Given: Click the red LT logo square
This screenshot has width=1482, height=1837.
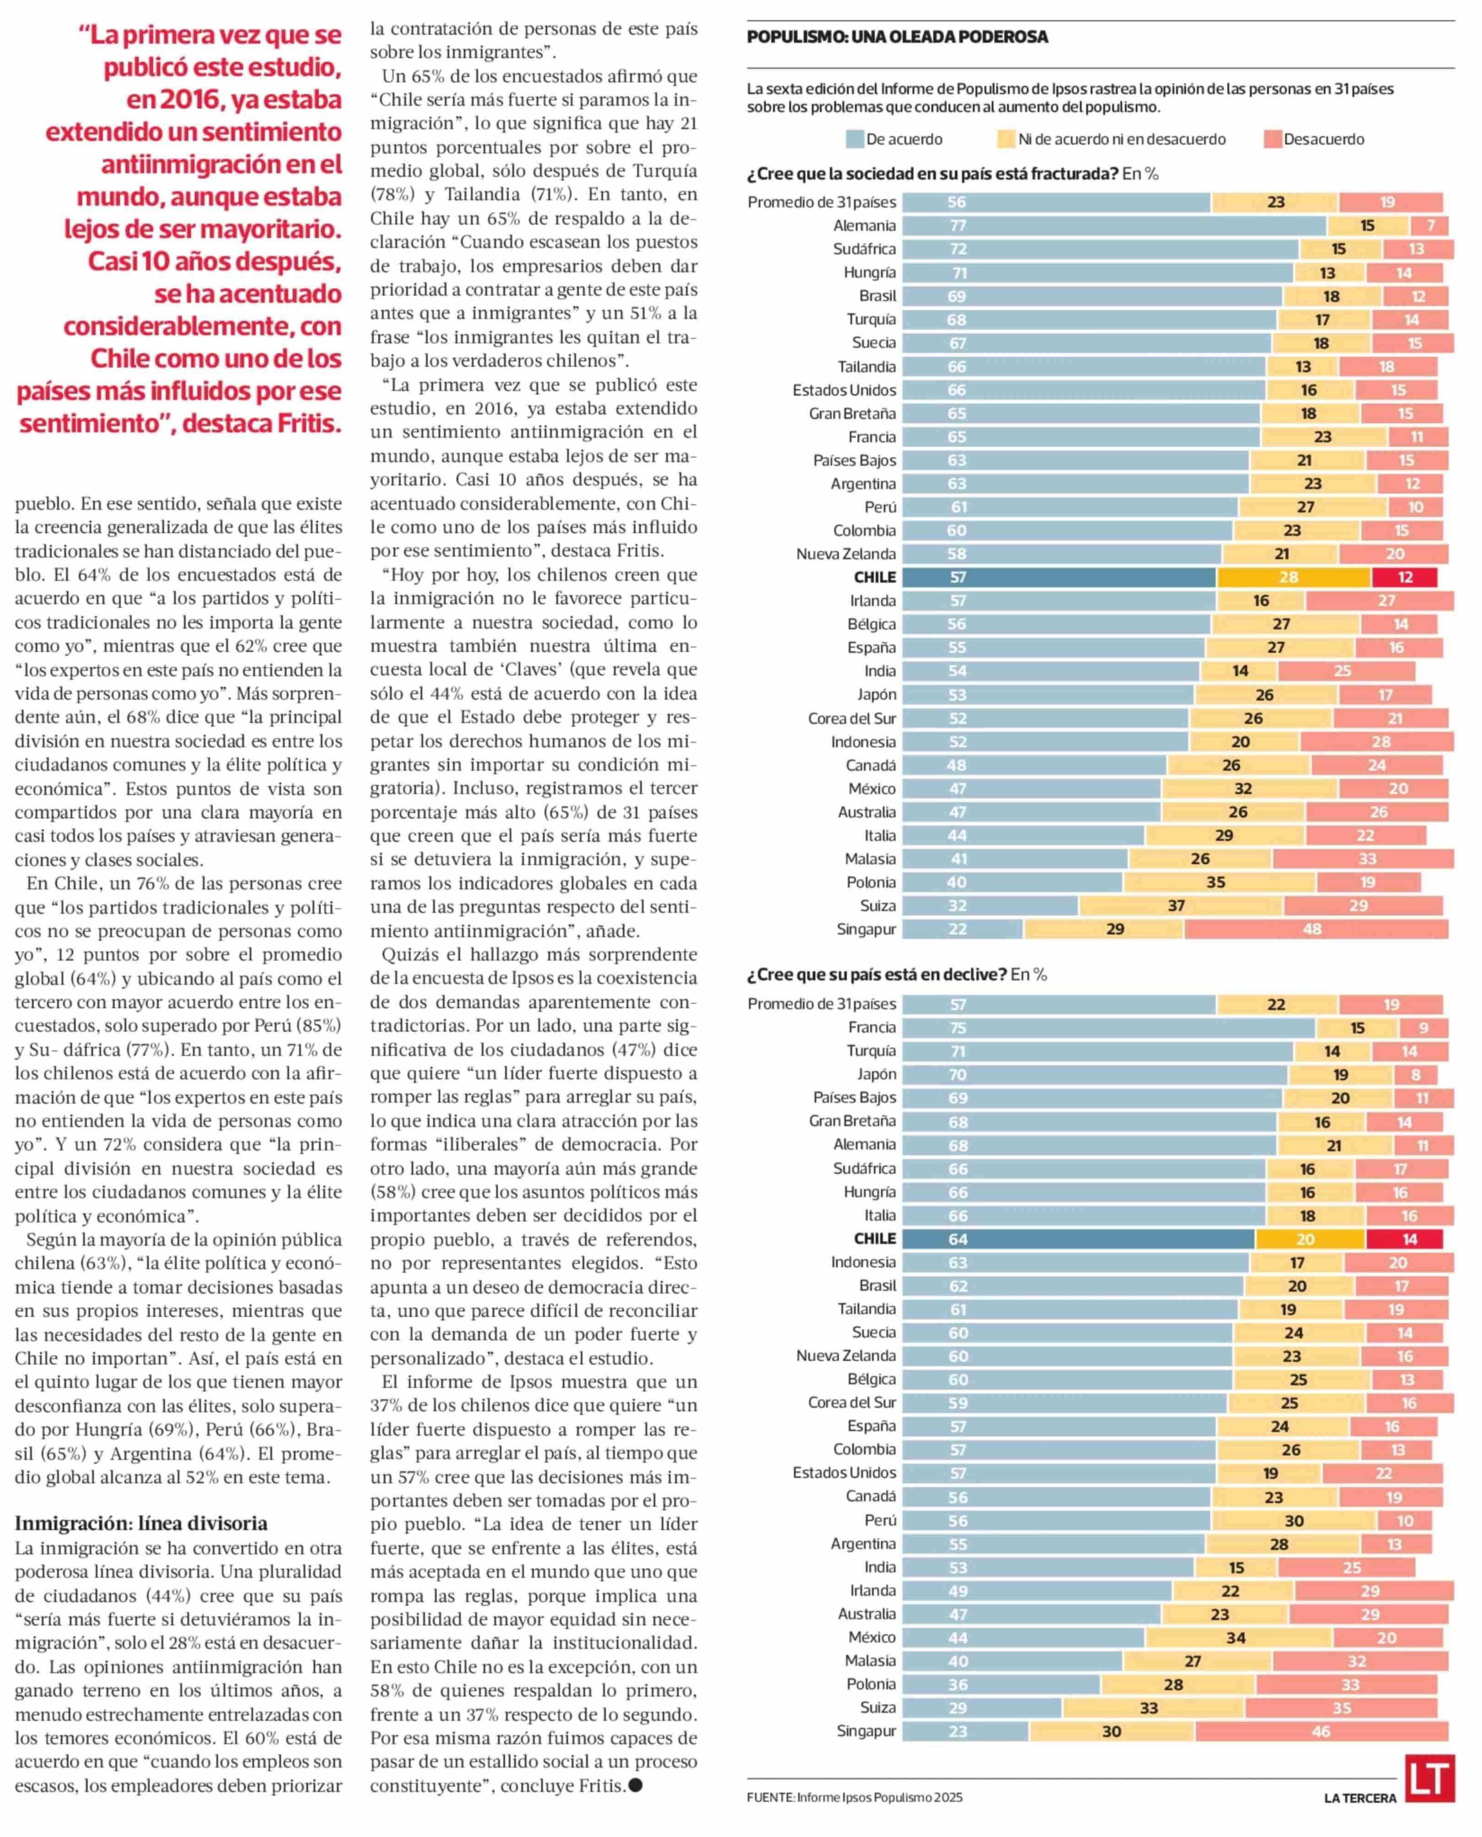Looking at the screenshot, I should (1429, 1778).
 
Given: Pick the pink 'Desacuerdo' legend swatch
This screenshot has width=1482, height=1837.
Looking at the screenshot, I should (1272, 139).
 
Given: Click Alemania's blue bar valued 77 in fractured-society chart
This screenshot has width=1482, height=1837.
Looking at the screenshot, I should (1114, 225).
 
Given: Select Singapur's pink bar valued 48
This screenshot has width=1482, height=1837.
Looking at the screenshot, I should (1315, 929).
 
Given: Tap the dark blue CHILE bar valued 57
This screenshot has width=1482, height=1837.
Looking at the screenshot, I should (1059, 577).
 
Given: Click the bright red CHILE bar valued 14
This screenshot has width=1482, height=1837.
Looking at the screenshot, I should (1404, 1239).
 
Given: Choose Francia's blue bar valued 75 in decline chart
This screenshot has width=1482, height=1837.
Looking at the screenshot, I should (1108, 1028).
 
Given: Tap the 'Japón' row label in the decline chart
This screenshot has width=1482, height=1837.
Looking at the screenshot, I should (877, 1074).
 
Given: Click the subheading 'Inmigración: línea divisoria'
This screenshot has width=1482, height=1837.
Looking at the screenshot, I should (141, 1524).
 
